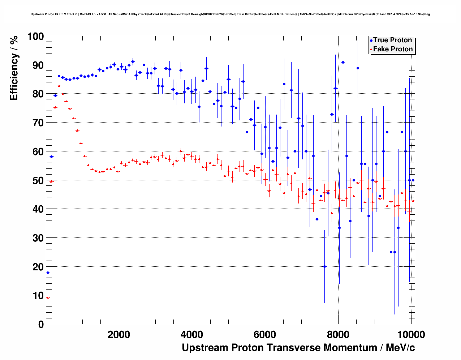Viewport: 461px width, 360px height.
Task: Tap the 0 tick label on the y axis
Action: (x=40, y=324)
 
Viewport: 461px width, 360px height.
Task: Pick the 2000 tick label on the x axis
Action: (x=119, y=334)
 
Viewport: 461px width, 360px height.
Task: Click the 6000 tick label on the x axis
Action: (x=265, y=334)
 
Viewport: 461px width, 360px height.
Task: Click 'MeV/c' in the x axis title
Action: (x=400, y=348)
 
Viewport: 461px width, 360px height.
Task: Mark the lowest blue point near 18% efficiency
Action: (x=48, y=273)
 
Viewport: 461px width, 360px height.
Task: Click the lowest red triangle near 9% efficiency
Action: (x=48, y=297)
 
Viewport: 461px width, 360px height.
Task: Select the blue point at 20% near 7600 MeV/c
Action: (x=324, y=266)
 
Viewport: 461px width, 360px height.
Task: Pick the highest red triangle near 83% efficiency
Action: (x=59, y=86)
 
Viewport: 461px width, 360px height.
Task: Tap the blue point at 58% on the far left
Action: (x=51, y=157)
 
